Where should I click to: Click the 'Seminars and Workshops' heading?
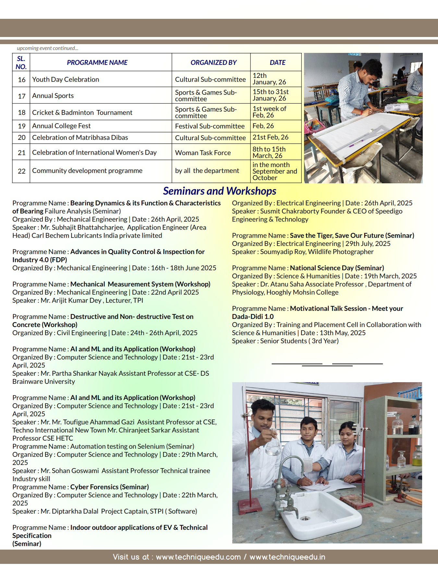219,191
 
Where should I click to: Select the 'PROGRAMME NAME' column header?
97,63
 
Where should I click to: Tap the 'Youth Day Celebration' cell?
66,79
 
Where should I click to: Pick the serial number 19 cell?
21,126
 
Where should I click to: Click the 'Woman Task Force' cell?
203,153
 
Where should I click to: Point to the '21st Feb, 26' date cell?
270,137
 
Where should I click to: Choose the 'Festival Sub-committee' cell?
210,126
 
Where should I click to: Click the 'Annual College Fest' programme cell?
61,126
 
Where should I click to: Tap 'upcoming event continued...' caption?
47,48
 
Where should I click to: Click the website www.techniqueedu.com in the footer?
198,557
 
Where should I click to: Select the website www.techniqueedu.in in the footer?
287,557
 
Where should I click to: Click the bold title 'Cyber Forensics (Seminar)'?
109,487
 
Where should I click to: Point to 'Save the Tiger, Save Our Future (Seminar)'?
352,236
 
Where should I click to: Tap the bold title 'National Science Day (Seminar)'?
337,268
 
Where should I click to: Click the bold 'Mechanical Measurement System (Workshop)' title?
140,284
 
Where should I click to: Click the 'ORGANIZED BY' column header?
213,63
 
